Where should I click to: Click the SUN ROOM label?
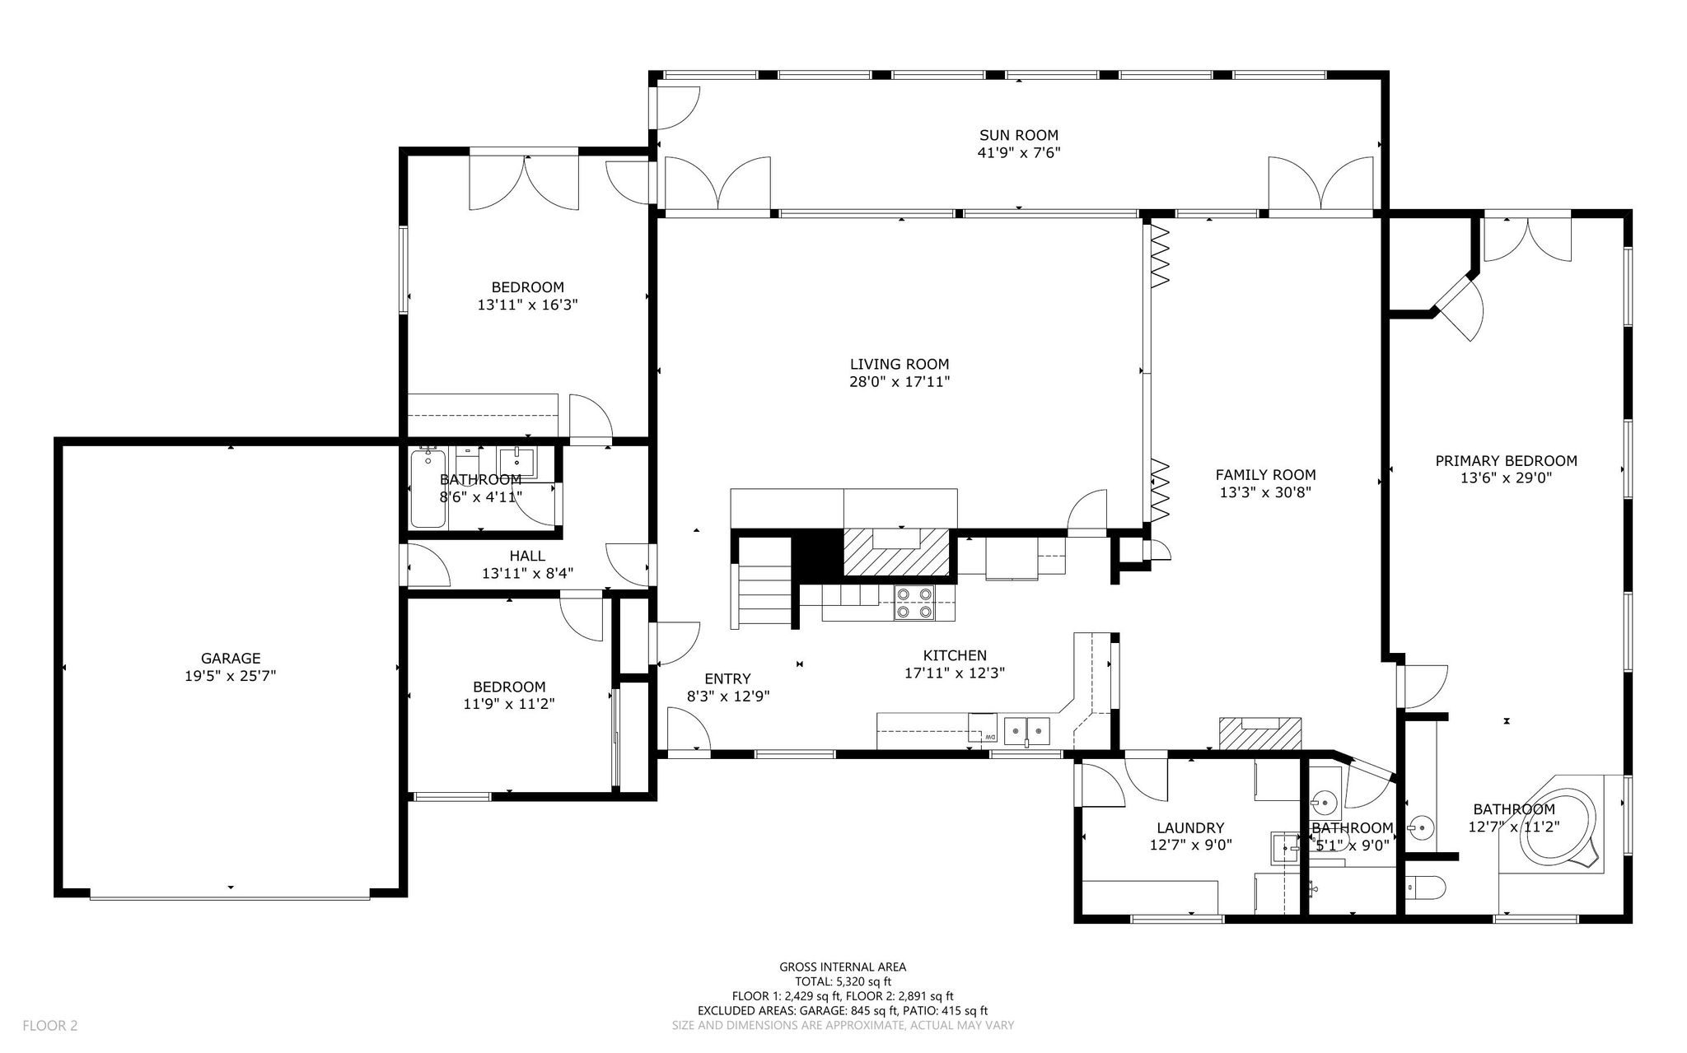[1018, 135]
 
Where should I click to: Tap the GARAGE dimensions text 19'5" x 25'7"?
[231, 676]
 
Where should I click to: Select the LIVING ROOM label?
[900, 364]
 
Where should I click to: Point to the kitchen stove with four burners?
[914, 602]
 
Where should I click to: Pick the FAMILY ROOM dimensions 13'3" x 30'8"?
[1265, 492]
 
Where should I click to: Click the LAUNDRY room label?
[1190, 828]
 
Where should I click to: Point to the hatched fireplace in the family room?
[1260, 734]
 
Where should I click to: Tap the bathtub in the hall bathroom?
[428, 488]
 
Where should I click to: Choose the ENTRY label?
[727, 679]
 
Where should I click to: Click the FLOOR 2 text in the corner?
[50, 1026]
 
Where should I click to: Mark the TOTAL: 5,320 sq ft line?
[843, 981]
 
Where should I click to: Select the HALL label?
[527, 557]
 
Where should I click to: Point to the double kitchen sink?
[1026, 729]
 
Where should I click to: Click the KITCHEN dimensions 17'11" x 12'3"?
[955, 673]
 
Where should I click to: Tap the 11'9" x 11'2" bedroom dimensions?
[508, 704]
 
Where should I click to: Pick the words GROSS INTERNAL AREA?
[843, 967]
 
